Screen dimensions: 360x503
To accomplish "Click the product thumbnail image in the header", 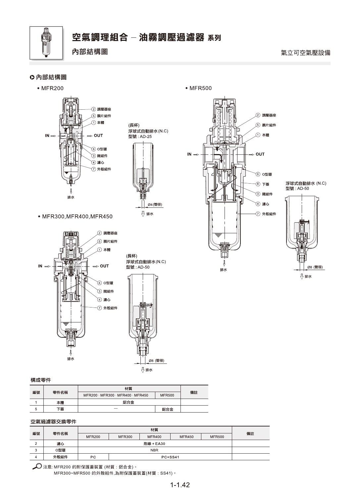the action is pyautogui.click(x=46, y=43).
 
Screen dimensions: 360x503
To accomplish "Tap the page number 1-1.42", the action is pyautogui.click(x=180, y=485).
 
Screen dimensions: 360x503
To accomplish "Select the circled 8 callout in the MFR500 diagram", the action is pyautogui.click(x=258, y=184).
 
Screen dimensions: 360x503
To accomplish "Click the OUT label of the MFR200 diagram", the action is pyautogui.click(x=98, y=136).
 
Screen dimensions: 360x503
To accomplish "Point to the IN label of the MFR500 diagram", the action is pyautogui.click(x=189, y=154).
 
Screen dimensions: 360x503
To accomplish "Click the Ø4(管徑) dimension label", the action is pyautogui.click(x=155, y=204).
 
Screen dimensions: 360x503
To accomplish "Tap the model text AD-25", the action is pyautogui.click(x=146, y=137).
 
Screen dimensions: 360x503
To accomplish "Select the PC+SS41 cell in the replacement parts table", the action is pyautogui.click(x=170, y=457).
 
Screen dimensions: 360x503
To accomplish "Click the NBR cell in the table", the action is pyautogui.click(x=154, y=450).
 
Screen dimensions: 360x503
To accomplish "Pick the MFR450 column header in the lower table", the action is pyautogui.click(x=186, y=437).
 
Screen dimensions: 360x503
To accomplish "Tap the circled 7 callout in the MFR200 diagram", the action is pyautogui.click(x=94, y=169).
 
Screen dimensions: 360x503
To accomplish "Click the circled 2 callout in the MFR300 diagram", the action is pyautogui.click(x=100, y=233).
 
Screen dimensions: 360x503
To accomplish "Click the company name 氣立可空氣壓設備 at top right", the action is pyautogui.click(x=306, y=53).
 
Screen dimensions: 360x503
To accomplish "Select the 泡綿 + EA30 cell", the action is pyautogui.click(x=154, y=443).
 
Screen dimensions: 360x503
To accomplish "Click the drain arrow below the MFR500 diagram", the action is pyautogui.click(x=224, y=263).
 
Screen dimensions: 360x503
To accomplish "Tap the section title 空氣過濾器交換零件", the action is pyautogui.click(x=53, y=421).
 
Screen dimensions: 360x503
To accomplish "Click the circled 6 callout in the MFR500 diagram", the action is pyautogui.click(x=258, y=174).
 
